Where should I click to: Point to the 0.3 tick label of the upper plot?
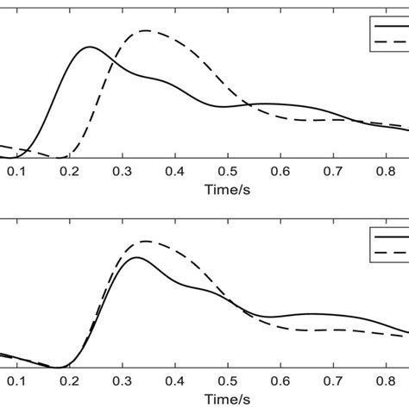122,173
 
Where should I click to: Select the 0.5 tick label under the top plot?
228,173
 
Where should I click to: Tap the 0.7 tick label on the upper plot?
332,173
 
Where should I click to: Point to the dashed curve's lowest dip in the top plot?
59,158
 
